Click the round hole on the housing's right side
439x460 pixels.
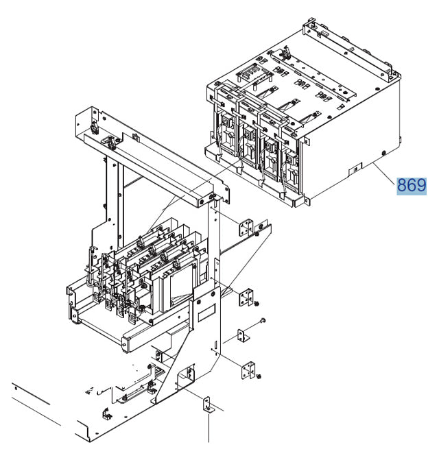[x=384, y=152]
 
